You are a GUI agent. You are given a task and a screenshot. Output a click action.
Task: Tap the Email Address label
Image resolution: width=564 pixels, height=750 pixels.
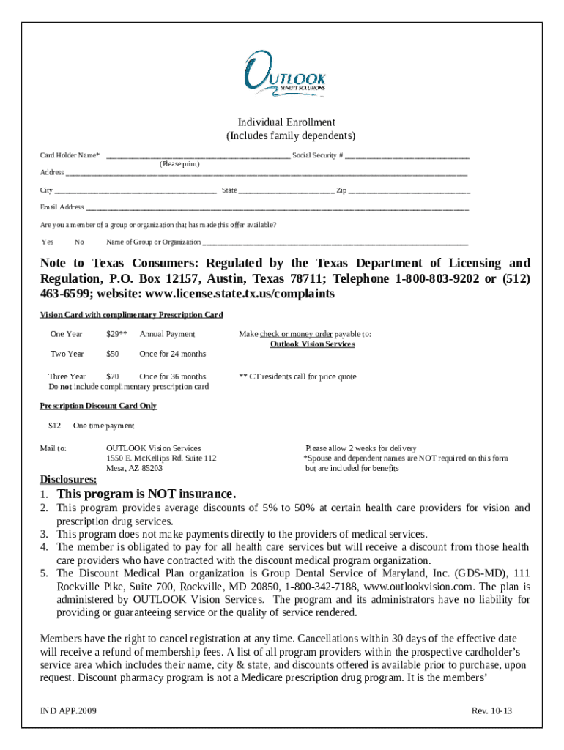62,207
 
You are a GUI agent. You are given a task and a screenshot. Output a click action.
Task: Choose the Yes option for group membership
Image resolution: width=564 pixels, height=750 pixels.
48,242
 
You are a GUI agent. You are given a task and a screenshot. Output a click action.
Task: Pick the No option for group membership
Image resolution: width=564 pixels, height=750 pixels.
79,242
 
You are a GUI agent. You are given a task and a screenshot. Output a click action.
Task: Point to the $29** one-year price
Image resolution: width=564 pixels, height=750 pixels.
116,334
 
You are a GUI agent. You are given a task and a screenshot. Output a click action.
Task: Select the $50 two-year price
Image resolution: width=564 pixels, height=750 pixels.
112,354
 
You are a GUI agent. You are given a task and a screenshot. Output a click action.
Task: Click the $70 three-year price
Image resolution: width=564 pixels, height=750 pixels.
112,376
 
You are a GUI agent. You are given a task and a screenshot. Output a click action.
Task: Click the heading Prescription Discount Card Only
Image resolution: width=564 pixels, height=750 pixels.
98,406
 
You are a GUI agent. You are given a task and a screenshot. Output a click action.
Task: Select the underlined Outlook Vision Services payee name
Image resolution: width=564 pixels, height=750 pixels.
312,344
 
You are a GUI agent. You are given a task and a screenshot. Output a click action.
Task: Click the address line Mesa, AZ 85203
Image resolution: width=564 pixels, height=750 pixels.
134,468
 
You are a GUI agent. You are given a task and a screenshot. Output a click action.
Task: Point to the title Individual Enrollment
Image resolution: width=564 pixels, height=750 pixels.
286,122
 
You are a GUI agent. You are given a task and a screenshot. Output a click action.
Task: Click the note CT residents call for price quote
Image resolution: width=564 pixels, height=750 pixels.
297,376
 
